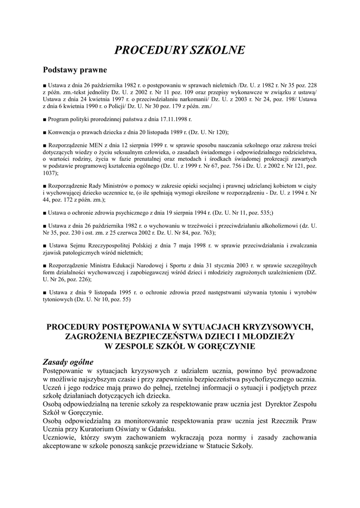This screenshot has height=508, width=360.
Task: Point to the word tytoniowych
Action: pos(58,300)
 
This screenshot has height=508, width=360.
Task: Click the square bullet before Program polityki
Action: pos(45,120)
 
